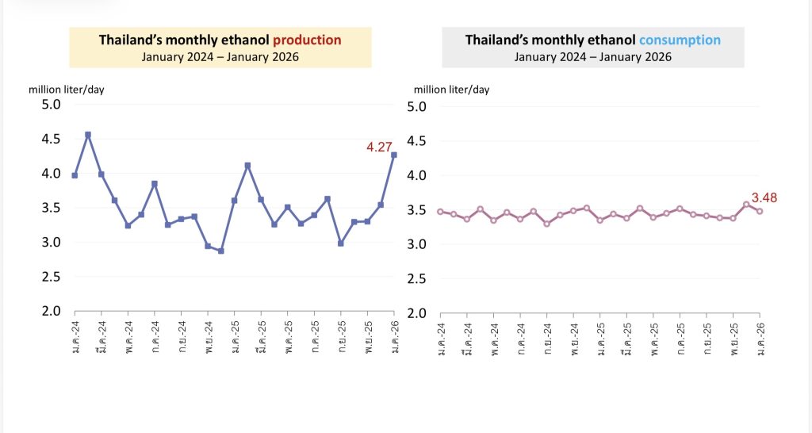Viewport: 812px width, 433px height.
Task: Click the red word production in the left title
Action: [x=307, y=40]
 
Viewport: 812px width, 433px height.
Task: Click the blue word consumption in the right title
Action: [x=680, y=40]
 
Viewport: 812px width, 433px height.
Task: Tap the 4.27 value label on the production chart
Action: [x=381, y=147]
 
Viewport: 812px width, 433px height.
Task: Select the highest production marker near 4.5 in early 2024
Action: [x=88, y=135]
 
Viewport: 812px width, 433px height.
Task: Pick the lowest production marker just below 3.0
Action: [x=221, y=251]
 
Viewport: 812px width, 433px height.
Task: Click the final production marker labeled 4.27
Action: [x=394, y=155]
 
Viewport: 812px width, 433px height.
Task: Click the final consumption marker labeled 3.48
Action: [x=760, y=211]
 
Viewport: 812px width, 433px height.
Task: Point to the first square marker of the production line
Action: [x=75, y=175]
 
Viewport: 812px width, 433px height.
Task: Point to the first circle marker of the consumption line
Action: [x=440, y=211]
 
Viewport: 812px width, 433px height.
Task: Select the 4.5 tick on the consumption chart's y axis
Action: [x=417, y=141]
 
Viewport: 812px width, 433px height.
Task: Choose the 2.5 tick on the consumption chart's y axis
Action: [x=417, y=278]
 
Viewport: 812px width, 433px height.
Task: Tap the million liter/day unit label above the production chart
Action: [x=67, y=89]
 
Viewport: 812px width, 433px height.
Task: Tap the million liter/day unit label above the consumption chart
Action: [x=452, y=90]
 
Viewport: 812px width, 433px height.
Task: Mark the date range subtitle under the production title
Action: [x=220, y=56]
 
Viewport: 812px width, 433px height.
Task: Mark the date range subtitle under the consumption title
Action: [x=592, y=56]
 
